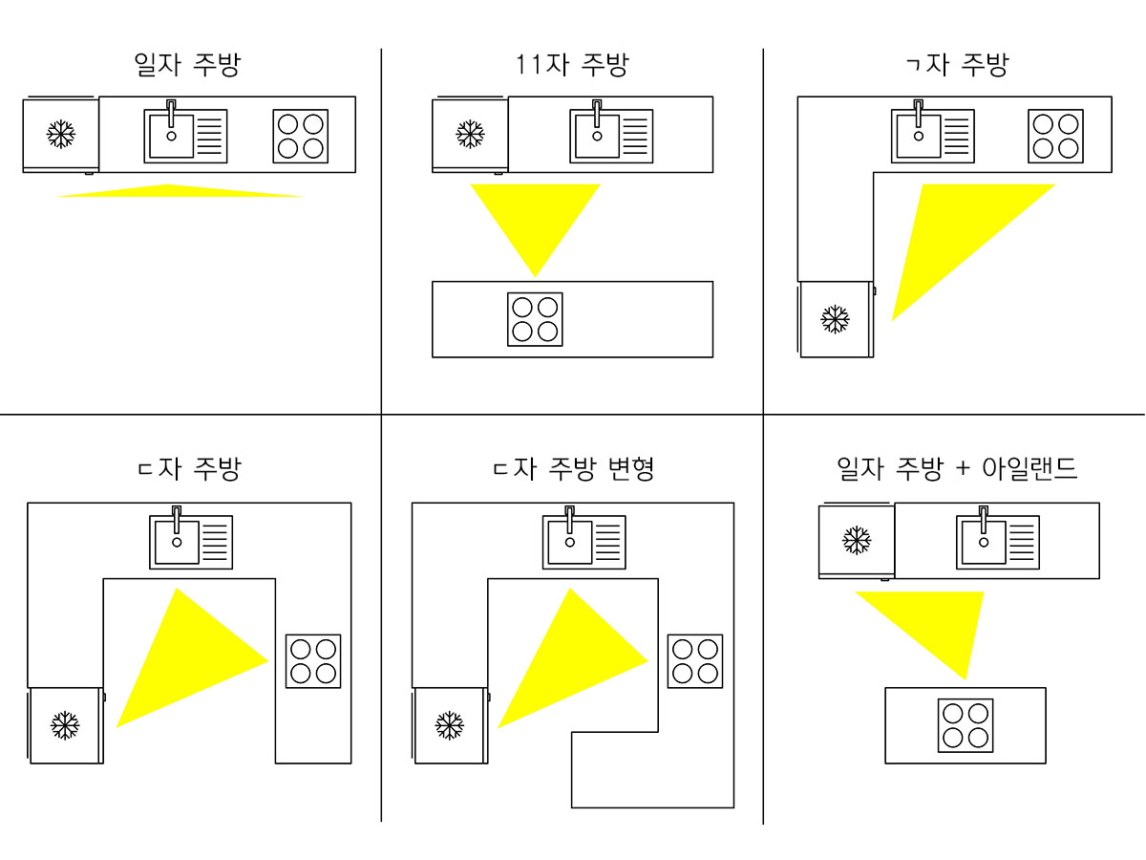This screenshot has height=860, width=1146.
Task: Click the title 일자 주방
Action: click(x=187, y=65)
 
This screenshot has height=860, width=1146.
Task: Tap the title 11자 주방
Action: click(x=570, y=65)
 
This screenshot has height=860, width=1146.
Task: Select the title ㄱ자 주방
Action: click(x=955, y=65)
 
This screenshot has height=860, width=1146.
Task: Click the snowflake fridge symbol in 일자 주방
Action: click(x=61, y=134)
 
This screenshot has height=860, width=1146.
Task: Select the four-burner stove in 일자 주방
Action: click(x=301, y=136)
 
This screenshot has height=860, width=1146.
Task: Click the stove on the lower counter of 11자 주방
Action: click(x=535, y=319)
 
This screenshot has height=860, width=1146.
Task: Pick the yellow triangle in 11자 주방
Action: click(x=535, y=220)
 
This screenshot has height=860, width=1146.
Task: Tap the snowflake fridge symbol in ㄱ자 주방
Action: click(x=836, y=319)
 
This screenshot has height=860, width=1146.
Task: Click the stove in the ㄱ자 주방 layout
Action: click(x=1056, y=136)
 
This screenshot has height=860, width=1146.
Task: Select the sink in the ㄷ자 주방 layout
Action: click(x=191, y=542)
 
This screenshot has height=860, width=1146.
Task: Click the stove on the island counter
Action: click(x=965, y=726)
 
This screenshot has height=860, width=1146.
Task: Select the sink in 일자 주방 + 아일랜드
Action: click(x=998, y=542)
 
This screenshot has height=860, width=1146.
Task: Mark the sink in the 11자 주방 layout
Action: click(x=612, y=136)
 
